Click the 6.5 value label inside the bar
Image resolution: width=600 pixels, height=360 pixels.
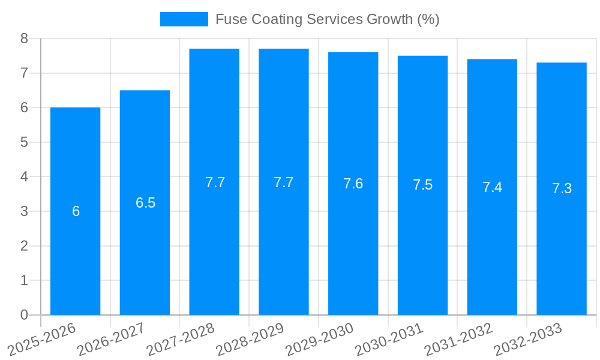pos(145,203)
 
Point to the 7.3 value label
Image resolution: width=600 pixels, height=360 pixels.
pos(562,188)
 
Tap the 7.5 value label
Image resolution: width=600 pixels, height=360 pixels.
pos(422,185)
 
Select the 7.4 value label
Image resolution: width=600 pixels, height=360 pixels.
pos(492,187)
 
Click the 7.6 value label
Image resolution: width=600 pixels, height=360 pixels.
pos(353,184)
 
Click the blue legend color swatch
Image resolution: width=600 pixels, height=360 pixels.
pos(184,19)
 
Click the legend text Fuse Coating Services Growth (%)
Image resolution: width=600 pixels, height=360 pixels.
pos(327,19)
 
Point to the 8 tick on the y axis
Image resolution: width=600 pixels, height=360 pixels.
pos(25,38)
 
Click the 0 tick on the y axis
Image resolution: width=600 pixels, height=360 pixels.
pos(25,315)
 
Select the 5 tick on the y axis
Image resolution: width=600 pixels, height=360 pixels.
pos(25,142)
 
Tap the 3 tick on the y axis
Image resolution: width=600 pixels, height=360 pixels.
pos(25,211)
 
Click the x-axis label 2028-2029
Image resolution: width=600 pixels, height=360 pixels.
pos(250,340)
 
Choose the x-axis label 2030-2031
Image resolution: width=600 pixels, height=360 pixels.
pos(389,340)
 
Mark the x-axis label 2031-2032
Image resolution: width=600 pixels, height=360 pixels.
pos(458,340)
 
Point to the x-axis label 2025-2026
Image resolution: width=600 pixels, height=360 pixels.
pos(41,340)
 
